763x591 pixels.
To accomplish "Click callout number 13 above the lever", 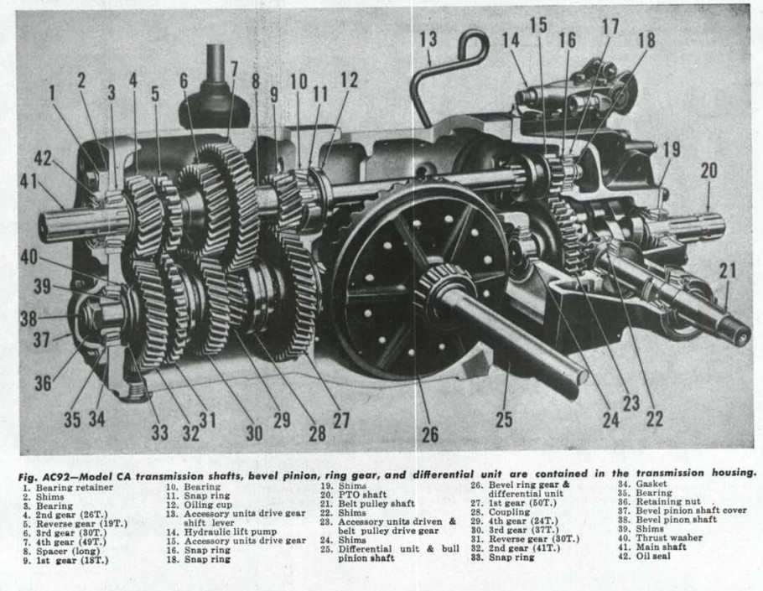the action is point(428,39).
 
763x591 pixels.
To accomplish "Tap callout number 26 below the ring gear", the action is point(429,434).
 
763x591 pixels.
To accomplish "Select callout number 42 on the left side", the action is point(42,158).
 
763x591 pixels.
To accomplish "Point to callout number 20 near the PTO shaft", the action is point(709,171).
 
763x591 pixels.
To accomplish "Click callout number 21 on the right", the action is point(728,271).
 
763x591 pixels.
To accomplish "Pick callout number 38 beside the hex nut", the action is point(29,319).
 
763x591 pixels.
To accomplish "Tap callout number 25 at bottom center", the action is point(504,419).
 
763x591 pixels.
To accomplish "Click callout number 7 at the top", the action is point(234,70).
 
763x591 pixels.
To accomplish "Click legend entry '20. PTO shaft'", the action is point(353,495).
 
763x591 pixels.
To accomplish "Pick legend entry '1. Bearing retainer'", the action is point(68,487).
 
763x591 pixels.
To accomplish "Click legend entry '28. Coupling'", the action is point(501,511).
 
